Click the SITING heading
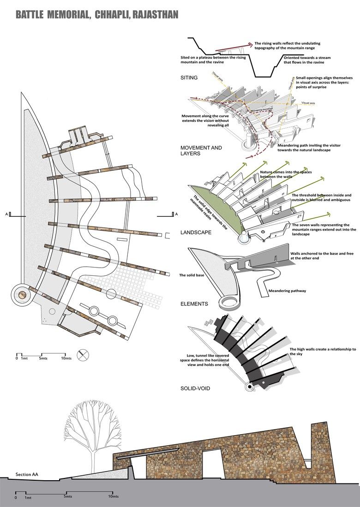click(x=190, y=78)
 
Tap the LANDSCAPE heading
click(x=196, y=233)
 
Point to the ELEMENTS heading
click(x=194, y=304)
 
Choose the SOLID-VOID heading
click(x=195, y=388)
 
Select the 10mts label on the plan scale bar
click(x=66, y=358)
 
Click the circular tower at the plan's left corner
click(x=21, y=294)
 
